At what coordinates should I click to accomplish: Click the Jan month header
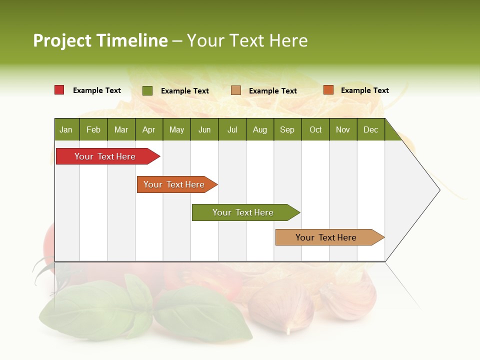click(x=66, y=129)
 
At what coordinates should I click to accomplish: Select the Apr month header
click(x=149, y=129)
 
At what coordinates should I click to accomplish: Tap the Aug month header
click(x=260, y=129)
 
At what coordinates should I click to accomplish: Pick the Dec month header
click(x=371, y=129)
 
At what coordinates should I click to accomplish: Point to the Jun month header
click(x=204, y=129)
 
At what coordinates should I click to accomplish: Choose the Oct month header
click(x=315, y=129)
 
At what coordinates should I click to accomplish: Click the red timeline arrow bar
click(x=105, y=156)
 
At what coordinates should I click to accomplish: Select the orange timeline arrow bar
click(x=174, y=184)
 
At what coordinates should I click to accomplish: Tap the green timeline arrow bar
click(x=243, y=212)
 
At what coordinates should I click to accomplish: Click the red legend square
click(x=59, y=90)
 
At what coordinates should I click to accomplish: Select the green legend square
click(x=147, y=90)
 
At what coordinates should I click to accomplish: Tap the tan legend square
click(x=236, y=90)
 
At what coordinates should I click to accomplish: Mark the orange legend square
click(x=328, y=90)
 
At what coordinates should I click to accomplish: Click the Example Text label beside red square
click(x=97, y=90)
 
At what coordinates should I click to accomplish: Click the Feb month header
click(x=93, y=129)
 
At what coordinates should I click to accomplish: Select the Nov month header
click(x=343, y=129)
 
